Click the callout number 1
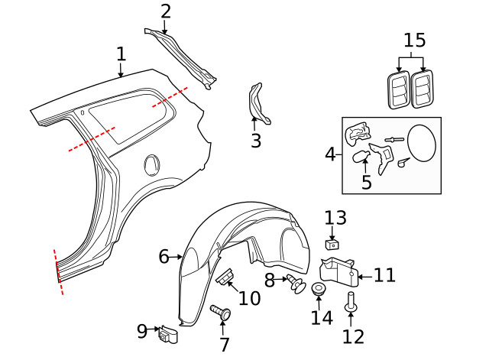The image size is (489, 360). pyautogui.click(x=121, y=54)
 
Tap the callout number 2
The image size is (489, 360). pyautogui.click(x=166, y=11)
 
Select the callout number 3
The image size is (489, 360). pyautogui.click(x=255, y=141)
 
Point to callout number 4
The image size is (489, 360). pyautogui.click(x=330, y=154)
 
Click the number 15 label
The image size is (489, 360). pyautogui.click(x=414, y=41)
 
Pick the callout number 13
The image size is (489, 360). pyautogui.click(x=335, y=219)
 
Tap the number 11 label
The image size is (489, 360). pyautogui.click(x=384, y=274)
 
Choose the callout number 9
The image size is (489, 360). pyautogui.click(x=142, y=331)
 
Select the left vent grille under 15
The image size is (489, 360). pyautogui.click(x=398, y=89)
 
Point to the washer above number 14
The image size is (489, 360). pyautogui.click(x=318, y=290)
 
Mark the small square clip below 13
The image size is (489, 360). pyautogui.click(x=332, y=245)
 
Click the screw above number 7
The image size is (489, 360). pyautogui.click(x=222, y=312)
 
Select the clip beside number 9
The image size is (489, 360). pyautogui.click(x=168, y=334)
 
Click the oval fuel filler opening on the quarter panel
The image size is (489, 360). pyautogui.click(x=153, y=164)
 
